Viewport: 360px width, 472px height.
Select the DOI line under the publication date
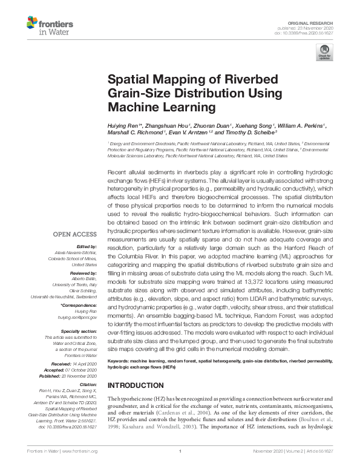tap(316, 33)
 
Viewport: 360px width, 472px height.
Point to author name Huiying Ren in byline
tap(125, 125)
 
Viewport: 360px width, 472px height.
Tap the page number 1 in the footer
tap(180, 467)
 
